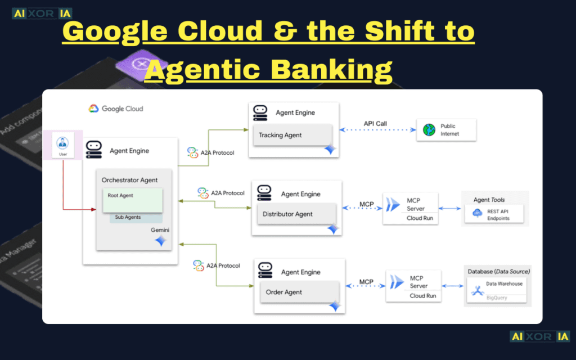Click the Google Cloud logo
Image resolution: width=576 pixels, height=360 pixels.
[x=116, y=109]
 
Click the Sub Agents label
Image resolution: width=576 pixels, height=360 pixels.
[x=128, y=217]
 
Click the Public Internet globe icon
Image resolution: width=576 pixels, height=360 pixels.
[x=429, y=130]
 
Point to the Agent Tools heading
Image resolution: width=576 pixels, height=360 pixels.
[x=489, y=200]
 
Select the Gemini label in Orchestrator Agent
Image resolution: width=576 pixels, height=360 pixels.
[x=160, y=230]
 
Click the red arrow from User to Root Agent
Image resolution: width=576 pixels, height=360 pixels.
[x=63, y=191]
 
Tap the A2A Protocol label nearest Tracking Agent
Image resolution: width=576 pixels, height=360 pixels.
[x=211, y=152]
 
